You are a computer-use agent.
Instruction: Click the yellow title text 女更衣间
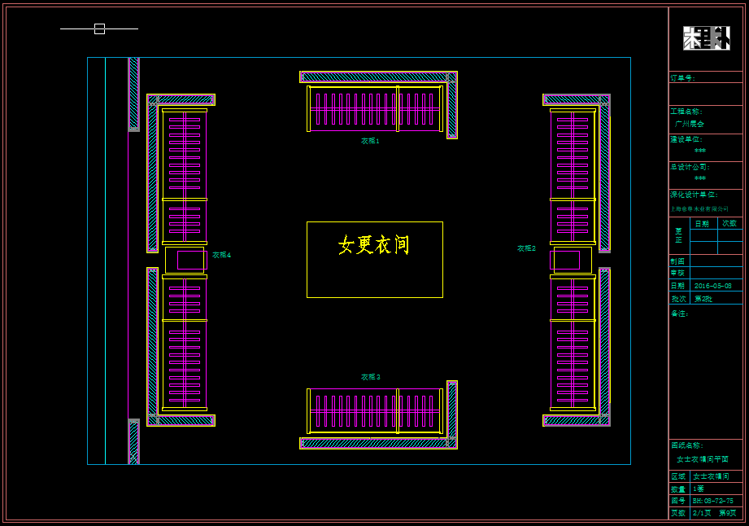[x=374, y=244]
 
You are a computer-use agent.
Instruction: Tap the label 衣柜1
[x=370, y=141]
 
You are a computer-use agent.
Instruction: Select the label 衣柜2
[x=526, y=248]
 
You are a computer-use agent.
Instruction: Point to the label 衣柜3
[x=370, y=377]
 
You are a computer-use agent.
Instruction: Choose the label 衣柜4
[x=221, y=255]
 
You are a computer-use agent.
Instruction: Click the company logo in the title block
[x=706, y=38]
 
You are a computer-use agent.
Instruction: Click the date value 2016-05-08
[x=712, y=286]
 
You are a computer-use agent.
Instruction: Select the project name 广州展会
[x=690, y=124]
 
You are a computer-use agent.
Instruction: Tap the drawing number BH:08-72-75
[x=712, y=501]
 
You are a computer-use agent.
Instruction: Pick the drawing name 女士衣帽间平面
[x=702, y=459]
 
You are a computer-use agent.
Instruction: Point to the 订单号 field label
[x=683, y=78]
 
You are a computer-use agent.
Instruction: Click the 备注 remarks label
[x=679, y=313]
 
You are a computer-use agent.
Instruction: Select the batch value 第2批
[x=703, y=299]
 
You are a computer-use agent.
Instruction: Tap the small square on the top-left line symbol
[x=99, y=28]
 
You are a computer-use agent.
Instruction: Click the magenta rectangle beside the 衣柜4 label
[x=192, y=260]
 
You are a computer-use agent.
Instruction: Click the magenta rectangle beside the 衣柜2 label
[x=565, y=260]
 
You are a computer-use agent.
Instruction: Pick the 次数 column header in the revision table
[x=729, y=223]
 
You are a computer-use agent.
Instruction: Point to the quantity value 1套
[x=699, y=489]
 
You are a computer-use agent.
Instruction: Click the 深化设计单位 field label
[x=693, y=195]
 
